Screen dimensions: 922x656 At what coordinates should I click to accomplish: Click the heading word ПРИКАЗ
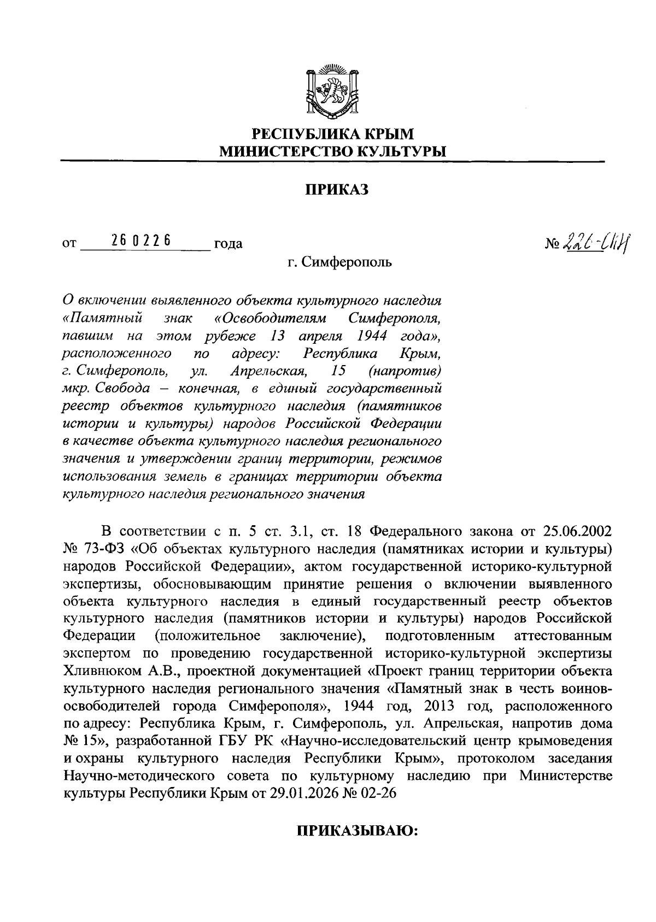[336, 189]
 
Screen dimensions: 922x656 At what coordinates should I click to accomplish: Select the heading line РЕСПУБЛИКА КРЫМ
[332, 133]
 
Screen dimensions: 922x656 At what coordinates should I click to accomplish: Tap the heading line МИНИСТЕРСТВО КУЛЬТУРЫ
[332, 150]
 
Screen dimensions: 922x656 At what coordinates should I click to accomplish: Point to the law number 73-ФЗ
[99, 548]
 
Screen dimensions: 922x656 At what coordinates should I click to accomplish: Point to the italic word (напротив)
[405, 371]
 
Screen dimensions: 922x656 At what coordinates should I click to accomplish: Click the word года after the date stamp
[229, 244]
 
